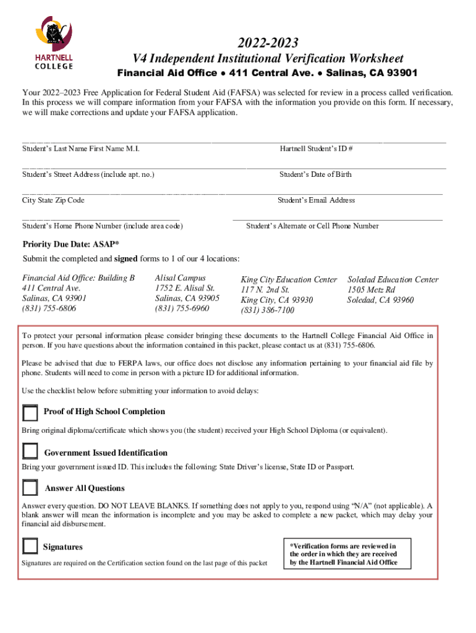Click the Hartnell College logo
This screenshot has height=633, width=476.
(53, 42)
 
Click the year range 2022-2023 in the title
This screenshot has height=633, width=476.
(268, 43)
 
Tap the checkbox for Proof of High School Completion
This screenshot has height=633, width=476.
(30, 413)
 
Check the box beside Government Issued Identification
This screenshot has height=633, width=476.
(30, 452)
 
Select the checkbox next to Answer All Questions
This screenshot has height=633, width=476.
(30, 488)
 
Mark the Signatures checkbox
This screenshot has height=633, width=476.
(30, 546)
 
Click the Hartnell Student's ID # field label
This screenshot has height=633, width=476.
(316, 149)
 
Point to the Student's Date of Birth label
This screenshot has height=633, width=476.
(315, 174)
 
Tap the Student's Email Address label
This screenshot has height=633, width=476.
(316, 200)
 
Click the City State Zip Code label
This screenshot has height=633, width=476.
(53, 200)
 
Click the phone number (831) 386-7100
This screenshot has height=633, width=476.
(268, 310)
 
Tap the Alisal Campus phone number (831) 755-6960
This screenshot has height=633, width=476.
(182, 308)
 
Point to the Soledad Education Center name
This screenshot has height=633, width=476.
(393, 279)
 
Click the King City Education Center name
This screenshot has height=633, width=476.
(289, 280)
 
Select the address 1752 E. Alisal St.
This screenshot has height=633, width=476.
(185, 288)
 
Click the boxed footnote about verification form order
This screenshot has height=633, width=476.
(343, 554)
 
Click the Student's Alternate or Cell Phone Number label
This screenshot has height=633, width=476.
(312, 226)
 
